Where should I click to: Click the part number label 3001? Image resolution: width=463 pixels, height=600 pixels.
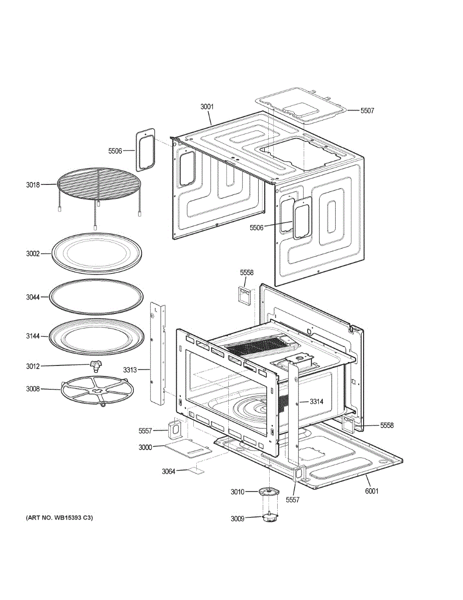pyautogui.click(x=207, y=106)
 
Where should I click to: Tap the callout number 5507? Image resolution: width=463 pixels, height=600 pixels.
pyautogui.click(x=367, y=110)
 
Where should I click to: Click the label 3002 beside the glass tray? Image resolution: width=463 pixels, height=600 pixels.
pyautogui.click(x=32, y=254)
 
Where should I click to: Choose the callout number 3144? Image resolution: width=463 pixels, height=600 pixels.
pyautogui.click(x=32, y=336)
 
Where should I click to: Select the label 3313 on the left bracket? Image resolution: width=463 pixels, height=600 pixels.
pyautogui.click(x=130, y=370)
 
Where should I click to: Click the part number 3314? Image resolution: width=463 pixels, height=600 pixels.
pyautogui.click(x=317, y=401)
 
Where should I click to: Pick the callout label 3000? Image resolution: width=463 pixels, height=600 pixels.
pyautogui.click(x=145, y=447)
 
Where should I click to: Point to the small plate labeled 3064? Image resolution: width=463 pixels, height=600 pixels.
pyautogui.click(x=196, y=470)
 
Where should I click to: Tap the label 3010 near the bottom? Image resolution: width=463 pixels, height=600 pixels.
pyautogui.click(x=237, y=492)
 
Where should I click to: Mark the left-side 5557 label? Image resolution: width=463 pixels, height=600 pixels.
pyautogui.click(x=145, y=430)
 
